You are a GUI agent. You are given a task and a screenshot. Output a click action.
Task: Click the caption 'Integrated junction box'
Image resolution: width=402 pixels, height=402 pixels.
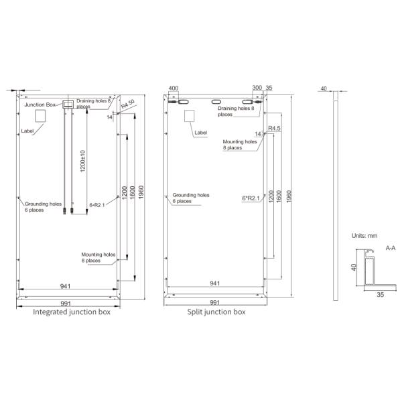72,312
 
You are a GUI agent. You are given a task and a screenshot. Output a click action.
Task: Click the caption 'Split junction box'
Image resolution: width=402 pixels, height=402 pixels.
216,312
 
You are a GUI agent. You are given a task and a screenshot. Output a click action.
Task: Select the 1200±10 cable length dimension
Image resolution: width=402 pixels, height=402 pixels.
82,161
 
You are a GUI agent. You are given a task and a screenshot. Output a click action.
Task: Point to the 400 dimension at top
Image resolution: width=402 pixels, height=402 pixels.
174,88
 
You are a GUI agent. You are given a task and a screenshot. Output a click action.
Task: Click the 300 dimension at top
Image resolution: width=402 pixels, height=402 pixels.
257,88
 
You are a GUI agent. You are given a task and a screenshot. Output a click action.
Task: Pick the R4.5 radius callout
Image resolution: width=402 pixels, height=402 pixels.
275,127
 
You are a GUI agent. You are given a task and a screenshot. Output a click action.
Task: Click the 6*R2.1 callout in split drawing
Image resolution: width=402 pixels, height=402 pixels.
250,198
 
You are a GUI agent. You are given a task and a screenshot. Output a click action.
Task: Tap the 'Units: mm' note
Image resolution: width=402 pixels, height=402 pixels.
365,236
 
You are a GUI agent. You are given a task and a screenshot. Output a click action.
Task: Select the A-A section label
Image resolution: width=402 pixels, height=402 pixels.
391,248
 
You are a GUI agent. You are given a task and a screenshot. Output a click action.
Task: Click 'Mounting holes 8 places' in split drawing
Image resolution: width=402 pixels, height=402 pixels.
239,145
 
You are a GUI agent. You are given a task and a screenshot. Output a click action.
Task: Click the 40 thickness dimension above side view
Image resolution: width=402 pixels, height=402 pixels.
323,88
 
